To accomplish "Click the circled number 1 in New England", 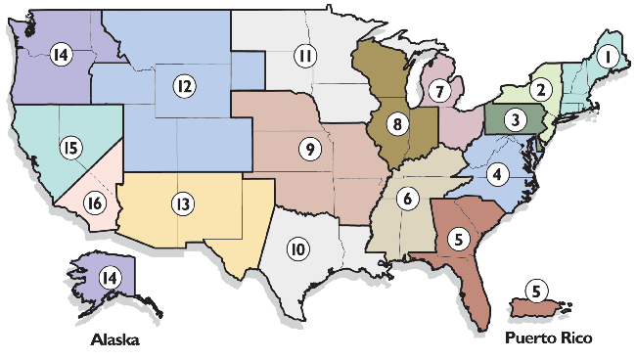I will [609, 57].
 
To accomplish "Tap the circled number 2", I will [539, 88].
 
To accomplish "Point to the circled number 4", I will [498, 175].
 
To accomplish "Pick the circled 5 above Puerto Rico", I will [535, 290].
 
